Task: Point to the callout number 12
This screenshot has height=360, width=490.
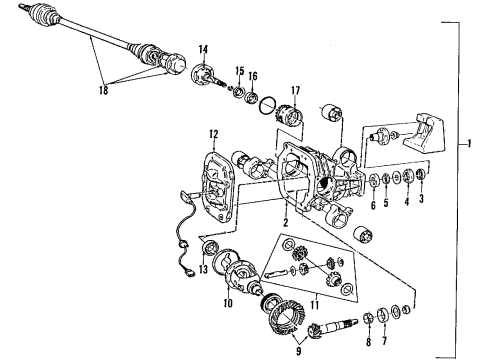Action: coord(213,133)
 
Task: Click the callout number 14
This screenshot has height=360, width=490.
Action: coord(202,49)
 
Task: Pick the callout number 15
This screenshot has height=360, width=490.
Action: coord(239,69)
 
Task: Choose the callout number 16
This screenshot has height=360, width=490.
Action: coord(254,75)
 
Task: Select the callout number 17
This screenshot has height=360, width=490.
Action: coord(294,92)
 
